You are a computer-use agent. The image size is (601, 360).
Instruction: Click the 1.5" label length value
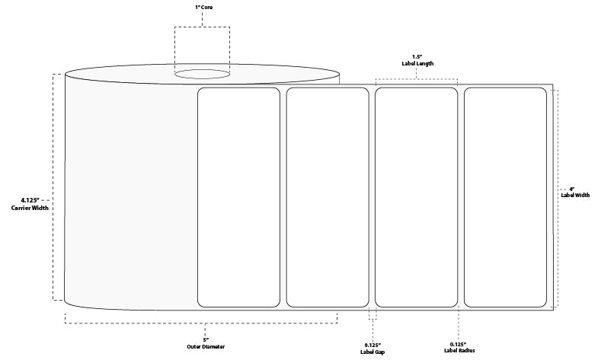[417, 56]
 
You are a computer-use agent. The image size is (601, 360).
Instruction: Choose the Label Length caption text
[417, 64]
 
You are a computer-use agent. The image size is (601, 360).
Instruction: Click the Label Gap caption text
[372, 351]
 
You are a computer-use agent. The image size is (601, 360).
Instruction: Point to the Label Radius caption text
[459, 351]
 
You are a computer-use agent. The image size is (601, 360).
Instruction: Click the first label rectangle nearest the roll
[239, 196]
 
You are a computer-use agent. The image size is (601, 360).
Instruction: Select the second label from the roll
[328, 196]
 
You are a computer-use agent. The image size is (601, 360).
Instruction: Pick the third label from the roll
[417, 196]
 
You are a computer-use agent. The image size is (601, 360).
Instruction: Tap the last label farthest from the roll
[505, 196]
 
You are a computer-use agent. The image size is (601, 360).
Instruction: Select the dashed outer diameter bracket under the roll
[202, 323]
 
